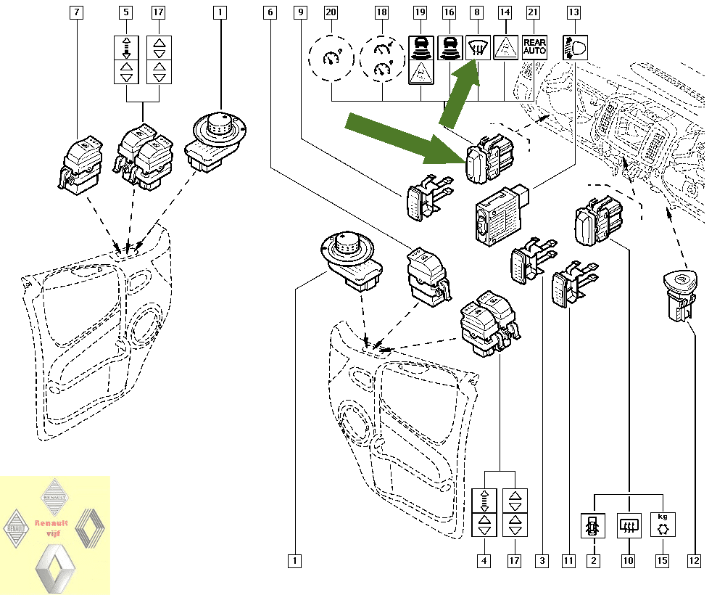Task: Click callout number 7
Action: [x=76, y=12]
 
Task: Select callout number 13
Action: [x=573, y=12]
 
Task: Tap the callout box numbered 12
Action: [x=694, y=561]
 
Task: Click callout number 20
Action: [x=331, y=12]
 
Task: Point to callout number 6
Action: [x=270, y=12]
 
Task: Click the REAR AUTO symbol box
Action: [x=534, y=48]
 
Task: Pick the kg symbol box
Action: [x=663, y=524]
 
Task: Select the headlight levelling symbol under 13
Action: [x=575, y=48]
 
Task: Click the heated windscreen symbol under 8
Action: [x=478, y=48]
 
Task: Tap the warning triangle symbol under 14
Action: [x=505, y=48]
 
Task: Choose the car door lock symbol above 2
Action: [x=593, y=525]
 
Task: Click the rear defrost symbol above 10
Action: [x=629, y=525]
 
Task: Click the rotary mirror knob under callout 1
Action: [x=215, y=141]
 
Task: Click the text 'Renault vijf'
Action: [x=51, y=528]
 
